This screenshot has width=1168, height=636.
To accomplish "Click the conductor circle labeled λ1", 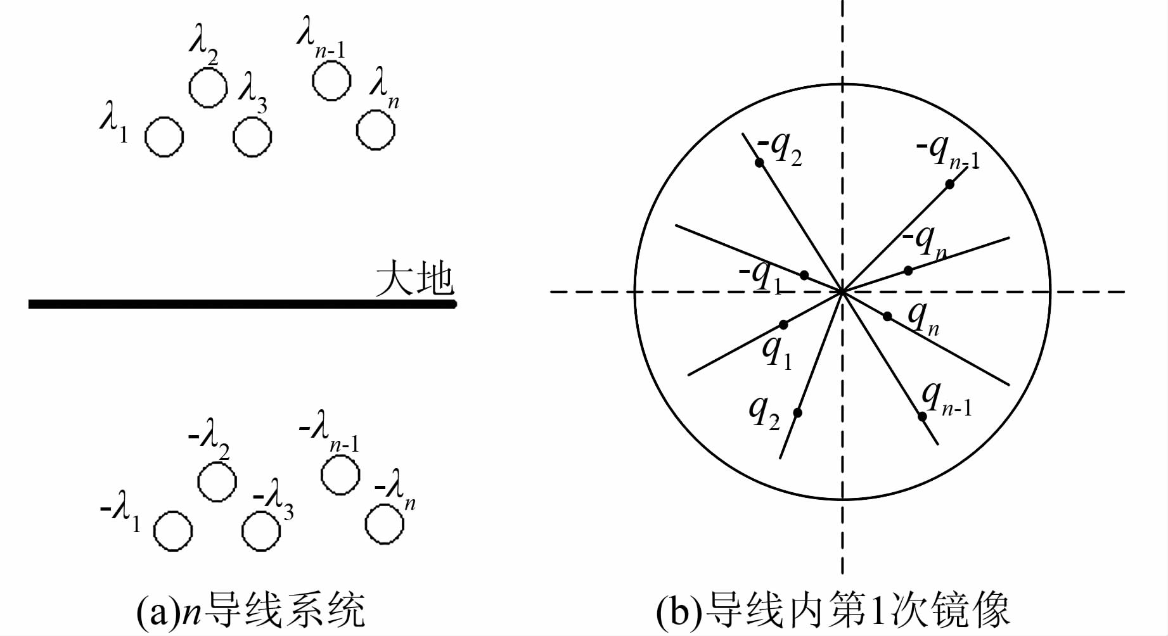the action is coord(164,136).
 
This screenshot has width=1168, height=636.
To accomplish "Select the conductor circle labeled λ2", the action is coord(208,87).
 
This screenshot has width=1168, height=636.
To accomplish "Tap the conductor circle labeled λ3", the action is coord(252,136).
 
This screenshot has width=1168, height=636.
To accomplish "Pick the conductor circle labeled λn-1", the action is coord(331,81).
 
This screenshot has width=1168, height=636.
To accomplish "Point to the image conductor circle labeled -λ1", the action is coord(173,531).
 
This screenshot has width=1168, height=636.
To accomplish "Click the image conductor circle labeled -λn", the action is coord(385,524).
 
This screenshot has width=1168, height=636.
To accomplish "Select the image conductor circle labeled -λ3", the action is coord(261,531).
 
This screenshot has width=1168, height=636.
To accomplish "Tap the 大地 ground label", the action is coord(415,279).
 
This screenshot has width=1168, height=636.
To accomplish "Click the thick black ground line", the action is coord(241,305).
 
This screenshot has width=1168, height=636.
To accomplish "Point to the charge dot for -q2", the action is coord(759,163).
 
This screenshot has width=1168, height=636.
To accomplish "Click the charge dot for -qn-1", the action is coord(949,184).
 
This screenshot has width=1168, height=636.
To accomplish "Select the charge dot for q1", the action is coord(783,324).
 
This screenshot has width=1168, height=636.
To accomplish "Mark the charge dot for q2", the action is coord(797,412).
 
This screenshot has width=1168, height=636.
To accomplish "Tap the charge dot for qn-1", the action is coord(922,416).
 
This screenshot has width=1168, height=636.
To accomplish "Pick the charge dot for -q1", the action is coord(804,275).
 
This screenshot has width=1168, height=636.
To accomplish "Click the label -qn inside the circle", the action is coord(924,241).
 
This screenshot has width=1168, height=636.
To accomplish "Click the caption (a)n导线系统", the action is coord(251,609).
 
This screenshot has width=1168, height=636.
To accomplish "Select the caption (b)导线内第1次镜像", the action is coord(832,609).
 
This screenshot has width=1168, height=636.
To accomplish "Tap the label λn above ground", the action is coord(384,89).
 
